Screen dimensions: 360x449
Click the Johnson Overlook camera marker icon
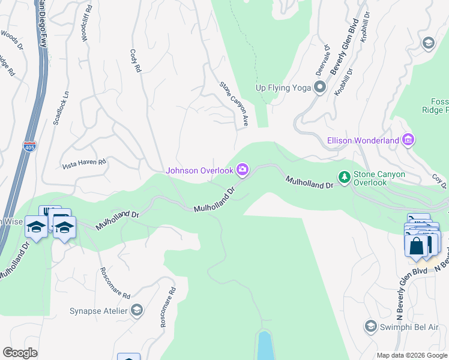point(243,170)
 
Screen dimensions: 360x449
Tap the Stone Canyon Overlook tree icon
point(345,177)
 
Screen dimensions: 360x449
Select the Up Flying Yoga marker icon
point(320,88)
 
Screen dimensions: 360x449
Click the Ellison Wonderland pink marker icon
point(408,140)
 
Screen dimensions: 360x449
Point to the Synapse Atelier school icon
point(137,310)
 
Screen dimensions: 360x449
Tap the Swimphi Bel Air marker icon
point(370,326)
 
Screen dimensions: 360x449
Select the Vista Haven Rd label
point(85,162)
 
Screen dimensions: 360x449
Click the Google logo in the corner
point(20,353)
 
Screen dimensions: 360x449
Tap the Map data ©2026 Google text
point(412,355)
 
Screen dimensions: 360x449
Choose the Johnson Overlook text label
point(199,170)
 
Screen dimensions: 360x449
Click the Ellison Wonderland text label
point(363,140)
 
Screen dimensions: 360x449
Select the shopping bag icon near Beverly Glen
point(416,245)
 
